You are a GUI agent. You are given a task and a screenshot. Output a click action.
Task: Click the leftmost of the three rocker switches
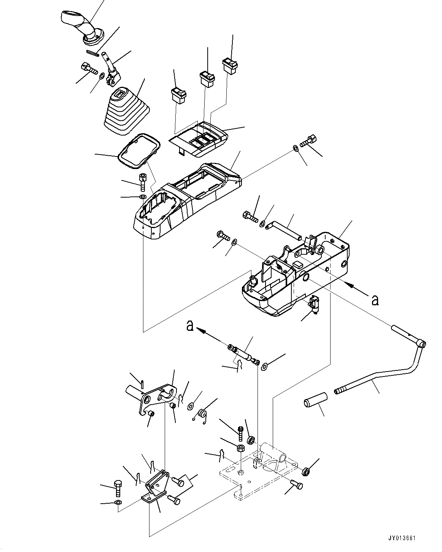(178, 95)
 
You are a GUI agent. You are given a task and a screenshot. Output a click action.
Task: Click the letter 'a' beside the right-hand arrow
(375, 300)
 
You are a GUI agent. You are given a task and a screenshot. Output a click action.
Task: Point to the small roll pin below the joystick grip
(92, 53)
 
